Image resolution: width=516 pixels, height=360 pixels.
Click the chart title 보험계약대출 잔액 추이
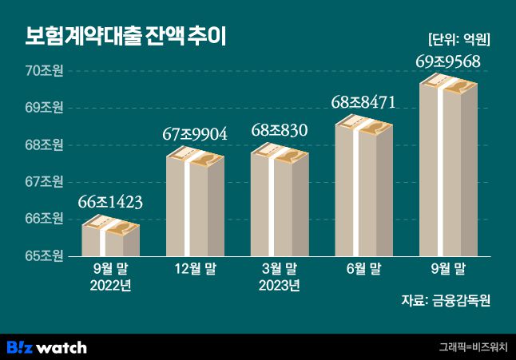[x=125, y=37]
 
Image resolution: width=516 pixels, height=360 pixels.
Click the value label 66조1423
[x=110, y=203]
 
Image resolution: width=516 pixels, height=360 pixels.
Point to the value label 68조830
[x=280, y=129]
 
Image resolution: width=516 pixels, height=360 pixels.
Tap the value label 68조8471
[x=363, y=101]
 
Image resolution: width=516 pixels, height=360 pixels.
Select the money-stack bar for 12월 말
[x=195, y=204]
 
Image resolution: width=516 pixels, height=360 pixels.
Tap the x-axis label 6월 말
[x=363, y=269]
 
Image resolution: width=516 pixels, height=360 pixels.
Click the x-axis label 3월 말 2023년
[x=280, y=277]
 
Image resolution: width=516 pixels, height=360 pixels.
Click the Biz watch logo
[x=46, y=347]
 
